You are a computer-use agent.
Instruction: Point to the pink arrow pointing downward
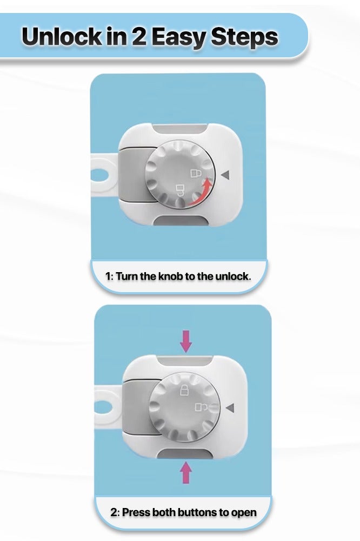click(x=185, y=340)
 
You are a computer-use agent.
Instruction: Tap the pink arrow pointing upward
click(x=185, y=472)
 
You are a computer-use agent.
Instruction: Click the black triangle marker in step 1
click(x=226, y=174)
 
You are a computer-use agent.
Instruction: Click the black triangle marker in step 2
click(x=231, y=407)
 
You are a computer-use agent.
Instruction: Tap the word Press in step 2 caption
click(x=137, y=512)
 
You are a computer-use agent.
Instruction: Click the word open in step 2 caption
click(x=243, y=512)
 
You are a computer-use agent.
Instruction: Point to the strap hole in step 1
click(x=99, y=174)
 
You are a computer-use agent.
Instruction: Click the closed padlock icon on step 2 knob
click(x=184, y=390)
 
